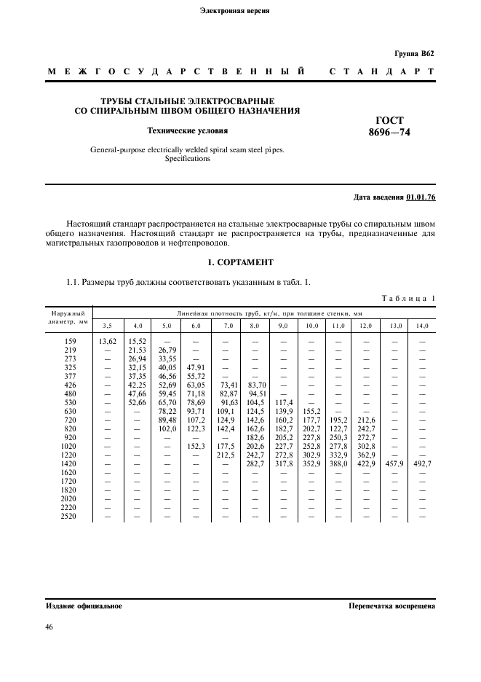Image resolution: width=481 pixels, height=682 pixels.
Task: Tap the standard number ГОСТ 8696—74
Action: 389,126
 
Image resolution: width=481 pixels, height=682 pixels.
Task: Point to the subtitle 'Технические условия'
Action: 188,131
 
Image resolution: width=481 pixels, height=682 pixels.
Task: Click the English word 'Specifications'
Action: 187,158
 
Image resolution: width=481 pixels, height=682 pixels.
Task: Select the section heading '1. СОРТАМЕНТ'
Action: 240,262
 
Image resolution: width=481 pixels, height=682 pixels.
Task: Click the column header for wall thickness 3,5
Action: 106,325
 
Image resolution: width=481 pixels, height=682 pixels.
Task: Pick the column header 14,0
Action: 421,325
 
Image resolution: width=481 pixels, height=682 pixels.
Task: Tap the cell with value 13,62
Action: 106,340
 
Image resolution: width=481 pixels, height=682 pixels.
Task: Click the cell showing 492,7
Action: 422,463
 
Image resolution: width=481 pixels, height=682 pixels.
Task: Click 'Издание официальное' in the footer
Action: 84,605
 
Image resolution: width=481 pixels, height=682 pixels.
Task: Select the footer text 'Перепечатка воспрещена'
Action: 391,605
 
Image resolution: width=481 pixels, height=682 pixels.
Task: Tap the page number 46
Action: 50,627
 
